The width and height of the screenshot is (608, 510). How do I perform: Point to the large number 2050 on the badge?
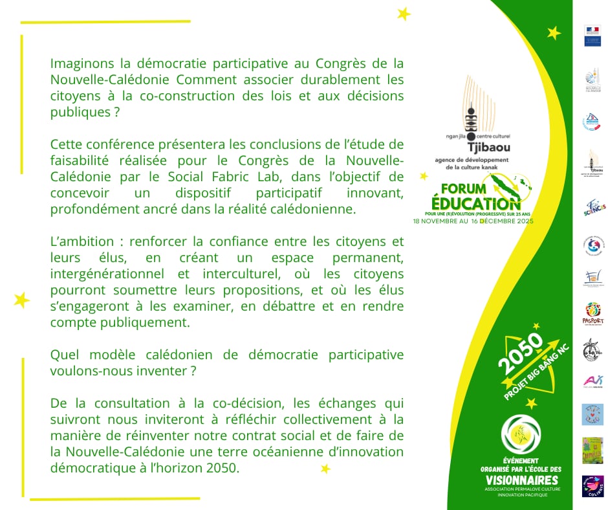pyautogui.click(x=520, y=357)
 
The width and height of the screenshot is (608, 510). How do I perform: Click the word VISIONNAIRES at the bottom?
pyautogui.click(x=521, y=480)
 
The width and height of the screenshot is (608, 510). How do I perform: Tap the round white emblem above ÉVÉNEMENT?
pyautogui.click(x=521, y=433)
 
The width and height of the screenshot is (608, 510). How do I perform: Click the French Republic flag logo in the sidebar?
pyautogui.click(x=592, y=36)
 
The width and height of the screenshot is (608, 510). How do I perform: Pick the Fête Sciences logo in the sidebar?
pyautogui.click(x=593, y=208)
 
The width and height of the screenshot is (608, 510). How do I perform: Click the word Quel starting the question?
pyautogui.click(x=64, y=355)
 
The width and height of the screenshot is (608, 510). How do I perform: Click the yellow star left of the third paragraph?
pyautogui.click(x=21, y=300)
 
